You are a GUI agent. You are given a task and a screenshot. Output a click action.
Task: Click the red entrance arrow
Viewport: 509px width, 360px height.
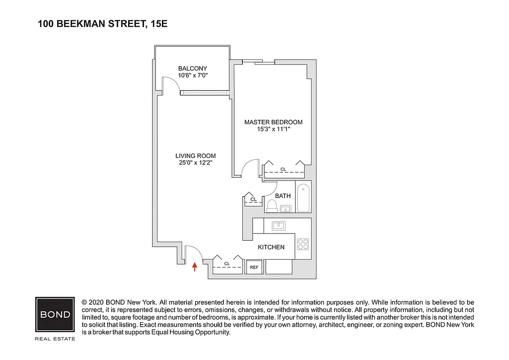point(195,267)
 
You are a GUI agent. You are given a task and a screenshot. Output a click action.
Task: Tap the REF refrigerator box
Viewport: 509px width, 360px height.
point(254,267)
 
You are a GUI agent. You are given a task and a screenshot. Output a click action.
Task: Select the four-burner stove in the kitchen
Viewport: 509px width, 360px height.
point(303,244)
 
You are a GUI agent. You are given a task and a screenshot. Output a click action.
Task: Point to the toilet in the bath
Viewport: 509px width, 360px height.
point(271,206)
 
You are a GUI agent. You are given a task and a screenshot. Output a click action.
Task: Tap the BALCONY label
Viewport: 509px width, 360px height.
point(192,69)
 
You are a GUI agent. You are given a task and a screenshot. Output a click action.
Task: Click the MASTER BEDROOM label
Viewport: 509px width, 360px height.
point(273,122)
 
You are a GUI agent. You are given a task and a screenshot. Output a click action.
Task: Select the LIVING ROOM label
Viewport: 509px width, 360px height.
point(196,156)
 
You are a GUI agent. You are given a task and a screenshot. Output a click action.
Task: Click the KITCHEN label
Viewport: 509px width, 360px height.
point(271,247)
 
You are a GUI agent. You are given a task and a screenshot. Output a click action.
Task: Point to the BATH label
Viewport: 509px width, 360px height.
point(283,196)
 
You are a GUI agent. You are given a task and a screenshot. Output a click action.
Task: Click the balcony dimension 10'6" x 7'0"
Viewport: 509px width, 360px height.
point(192,76)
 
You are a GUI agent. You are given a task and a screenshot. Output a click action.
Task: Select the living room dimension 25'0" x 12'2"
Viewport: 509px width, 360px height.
point(196,163)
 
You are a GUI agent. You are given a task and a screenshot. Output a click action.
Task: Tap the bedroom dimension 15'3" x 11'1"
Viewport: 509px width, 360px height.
point(273,129)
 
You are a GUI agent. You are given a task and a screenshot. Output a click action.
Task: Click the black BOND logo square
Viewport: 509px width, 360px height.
point(55,314)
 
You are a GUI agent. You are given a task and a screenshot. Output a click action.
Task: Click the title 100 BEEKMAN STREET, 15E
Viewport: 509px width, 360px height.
point(103,24)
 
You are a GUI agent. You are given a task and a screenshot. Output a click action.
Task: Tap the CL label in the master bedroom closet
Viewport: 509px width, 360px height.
point(283,169)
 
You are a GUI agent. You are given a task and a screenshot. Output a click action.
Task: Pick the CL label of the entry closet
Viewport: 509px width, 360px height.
point(227,264)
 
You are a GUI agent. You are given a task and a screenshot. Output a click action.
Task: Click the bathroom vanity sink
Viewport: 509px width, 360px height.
point(285,209)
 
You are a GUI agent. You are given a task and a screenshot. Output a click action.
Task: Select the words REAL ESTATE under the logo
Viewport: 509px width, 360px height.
point(55,338)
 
